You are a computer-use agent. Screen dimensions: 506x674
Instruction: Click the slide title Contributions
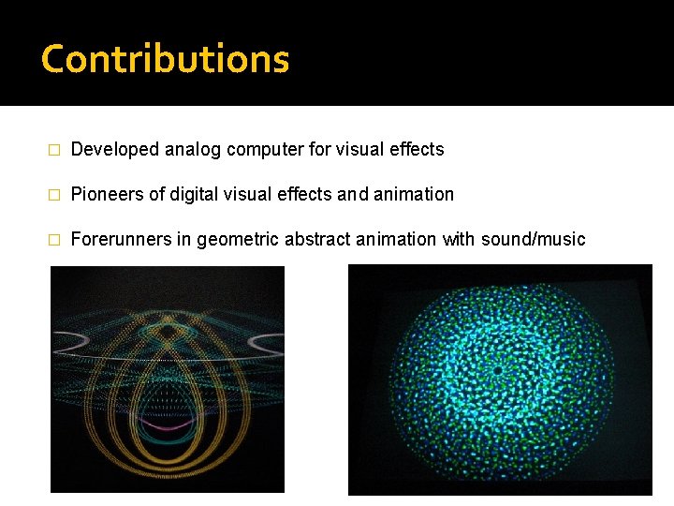[166, 59]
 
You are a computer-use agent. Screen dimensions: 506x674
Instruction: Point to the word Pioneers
[105, 195]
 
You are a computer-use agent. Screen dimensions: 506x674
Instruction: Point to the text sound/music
[533, 240]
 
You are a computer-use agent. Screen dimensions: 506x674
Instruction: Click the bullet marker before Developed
[55, 150]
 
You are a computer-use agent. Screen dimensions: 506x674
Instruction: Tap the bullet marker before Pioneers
[55, 195]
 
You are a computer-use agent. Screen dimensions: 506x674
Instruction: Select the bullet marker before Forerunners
[55, 240]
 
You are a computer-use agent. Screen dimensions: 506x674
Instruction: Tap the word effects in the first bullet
[415, 150]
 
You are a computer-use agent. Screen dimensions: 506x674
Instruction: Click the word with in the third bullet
[458, 240]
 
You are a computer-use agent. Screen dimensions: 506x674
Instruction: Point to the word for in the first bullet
[313, 150]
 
